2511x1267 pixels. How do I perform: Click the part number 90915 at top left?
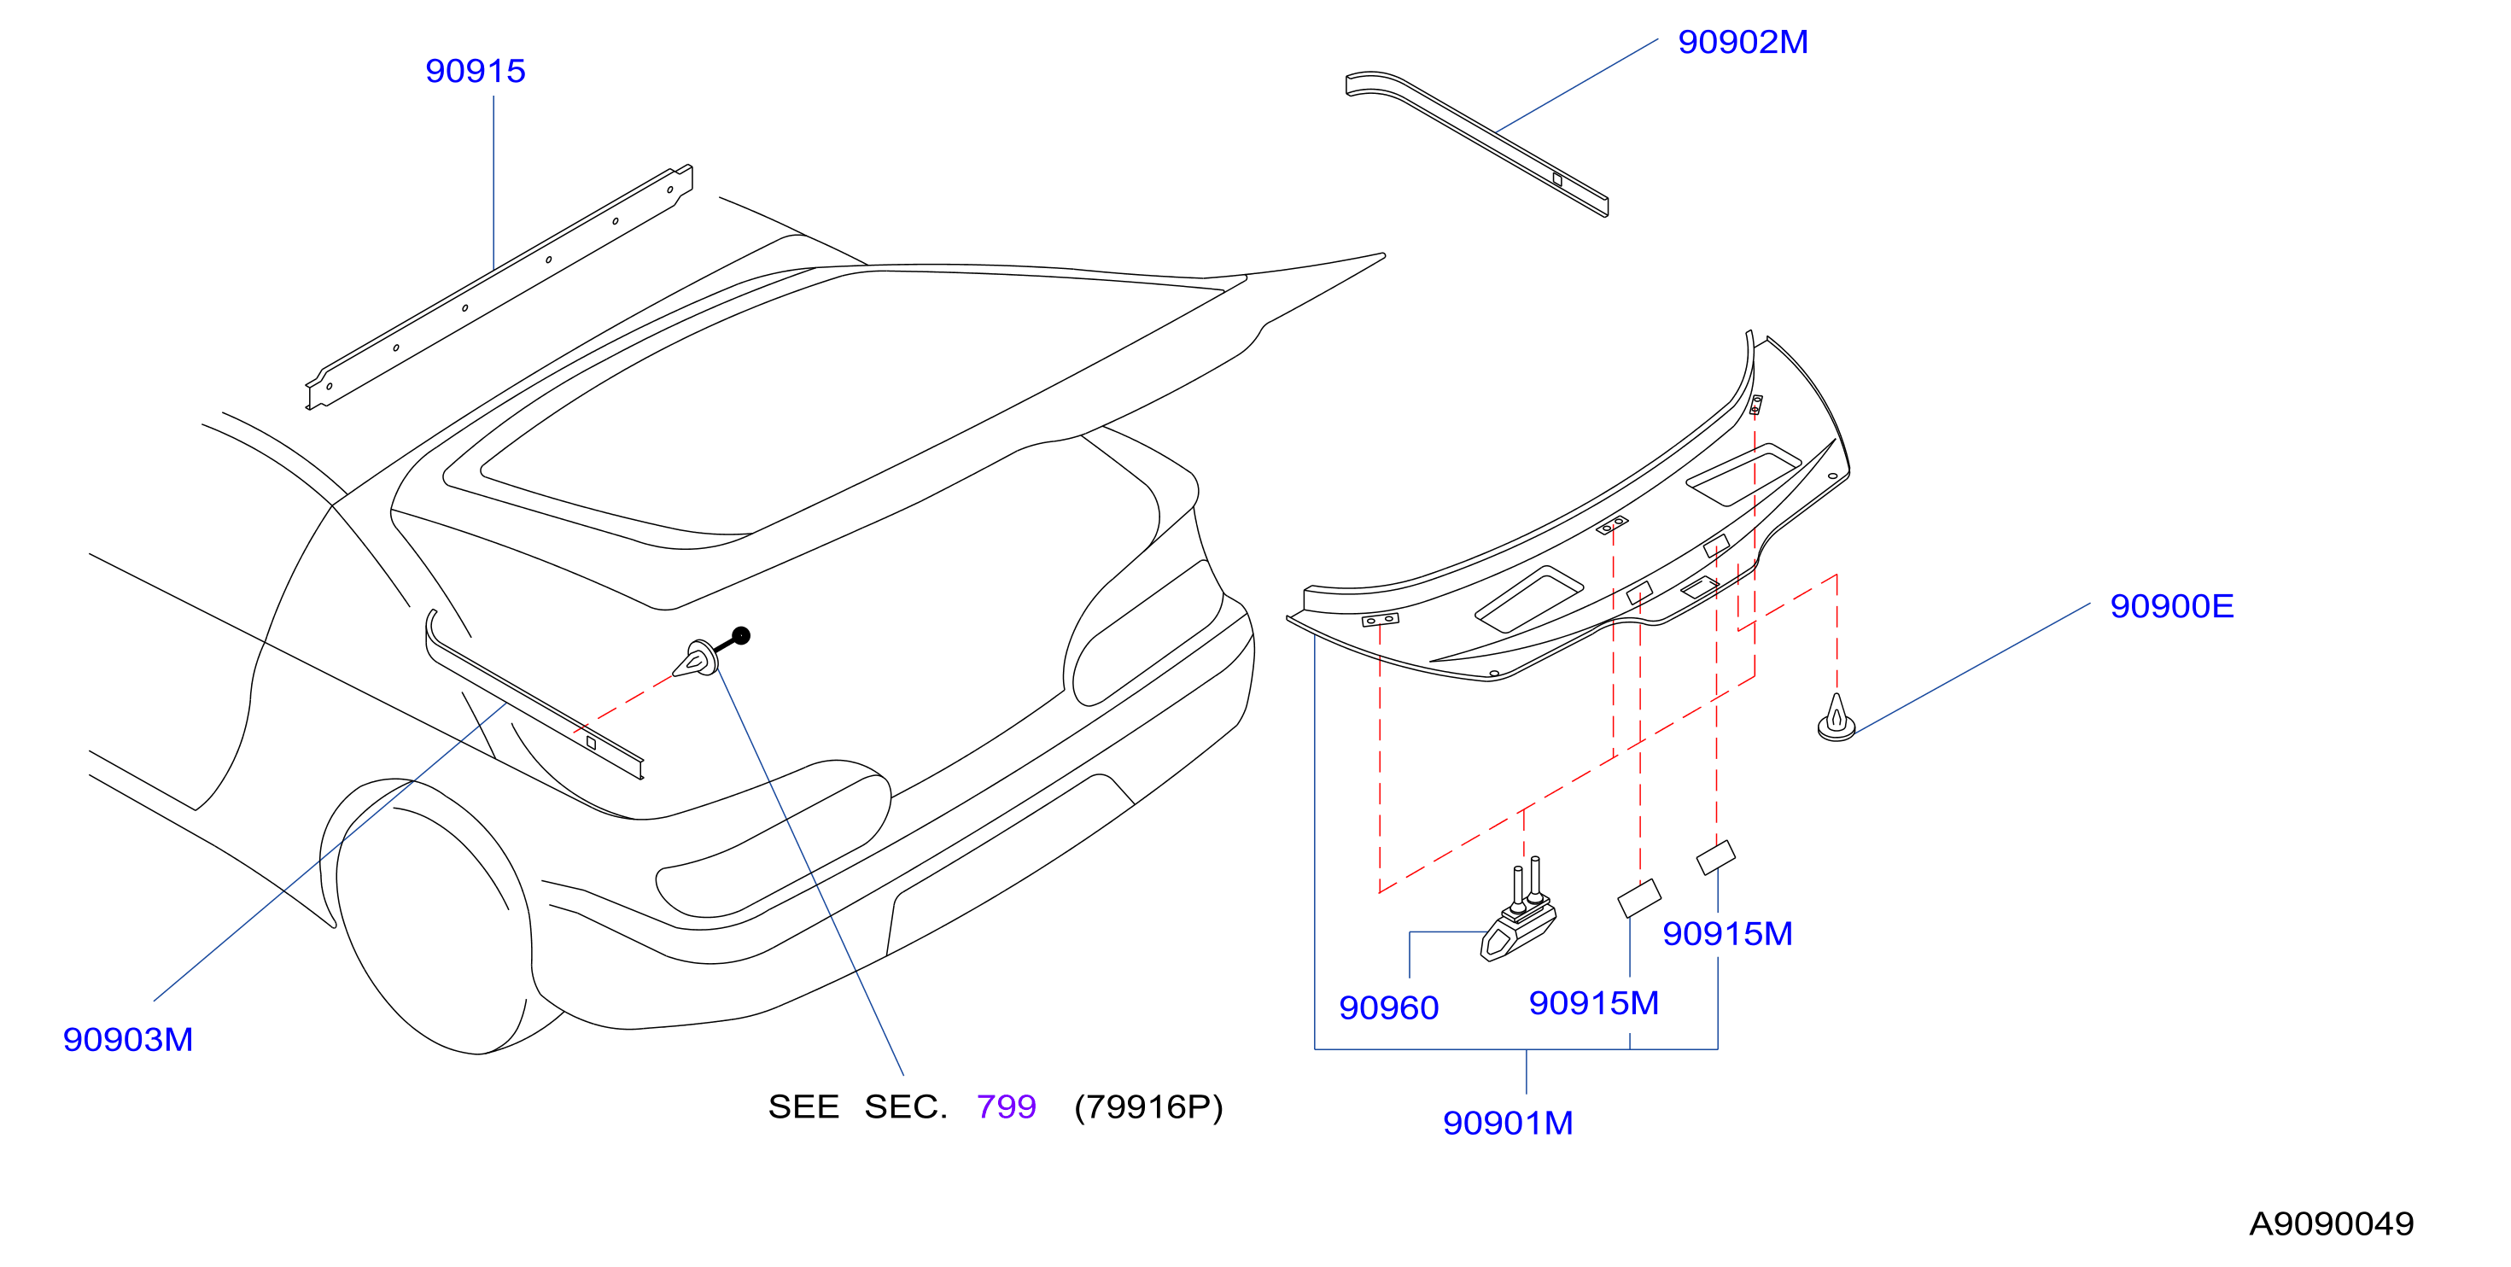[x=475, y=71]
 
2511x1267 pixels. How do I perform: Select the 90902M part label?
[x=1743, y=42]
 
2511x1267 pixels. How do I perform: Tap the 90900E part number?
[x=2172, y=606]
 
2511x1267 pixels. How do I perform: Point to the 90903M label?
[x=128, y=1039]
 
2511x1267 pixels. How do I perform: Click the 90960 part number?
[x=1388, y=1007]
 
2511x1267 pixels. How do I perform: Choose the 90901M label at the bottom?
[x=1508, y=1123]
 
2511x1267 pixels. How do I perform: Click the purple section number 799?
[x=1006, y=1107]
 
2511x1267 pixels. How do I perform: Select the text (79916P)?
[x=1148, y=1107]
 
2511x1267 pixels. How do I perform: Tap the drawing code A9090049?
[x=2332, y=1224]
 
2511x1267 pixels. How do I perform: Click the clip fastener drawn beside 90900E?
[x=1837, y=719]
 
